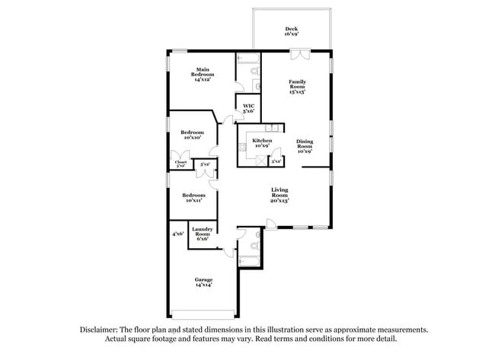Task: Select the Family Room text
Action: coord(296,86)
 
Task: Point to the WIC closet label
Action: coord(248,109)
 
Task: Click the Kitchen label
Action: coord(262,144)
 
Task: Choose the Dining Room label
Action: coord(305,145)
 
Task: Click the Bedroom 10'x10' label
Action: coord(192,135)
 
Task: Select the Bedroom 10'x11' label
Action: coord(193,197)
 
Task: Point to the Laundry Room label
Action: coord(202,234)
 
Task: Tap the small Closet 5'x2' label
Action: coord(180,163)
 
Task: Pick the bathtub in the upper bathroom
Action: coord(248,58)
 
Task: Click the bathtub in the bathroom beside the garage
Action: coord(251,260)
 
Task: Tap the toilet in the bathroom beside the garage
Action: coord(254,245)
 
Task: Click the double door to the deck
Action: coord(300,53)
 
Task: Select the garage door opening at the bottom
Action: coord(203,314)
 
